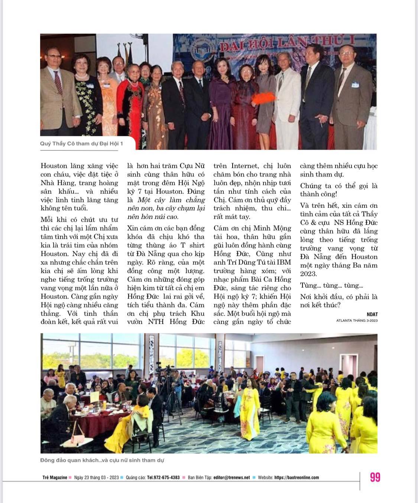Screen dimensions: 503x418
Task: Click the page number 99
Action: [375, 477]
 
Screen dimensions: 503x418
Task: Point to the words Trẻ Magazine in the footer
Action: [55, 477]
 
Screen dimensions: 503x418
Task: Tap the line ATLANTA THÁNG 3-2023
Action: [356, 320]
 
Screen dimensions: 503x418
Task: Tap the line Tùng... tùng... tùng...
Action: [331, 285]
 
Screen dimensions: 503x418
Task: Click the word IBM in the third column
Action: [283, 262]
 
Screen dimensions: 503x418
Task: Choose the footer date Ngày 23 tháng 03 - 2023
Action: [96, 477]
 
